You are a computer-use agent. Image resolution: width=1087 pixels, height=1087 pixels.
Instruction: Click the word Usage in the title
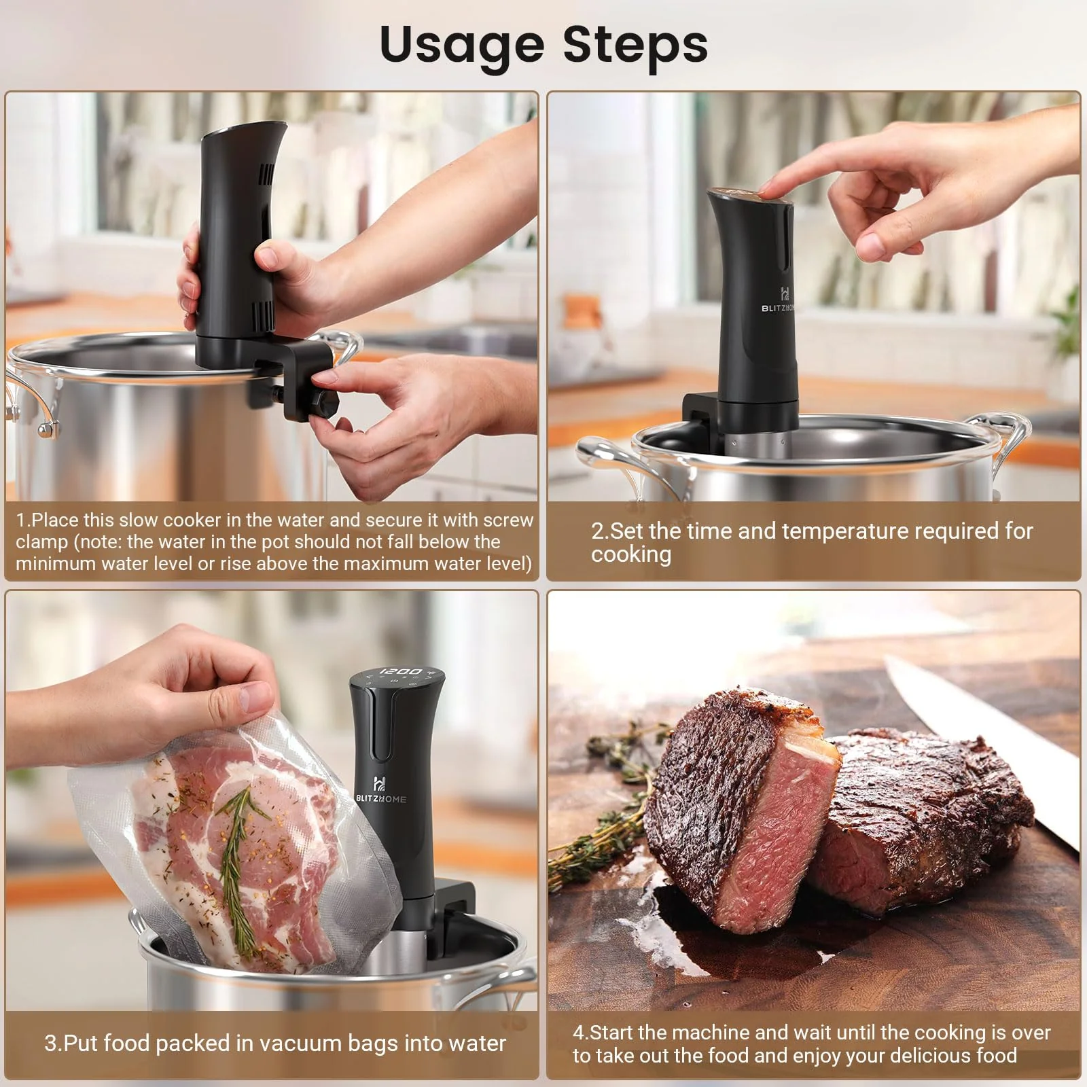point(461,46)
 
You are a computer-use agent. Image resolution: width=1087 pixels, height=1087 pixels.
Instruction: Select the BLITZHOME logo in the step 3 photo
point(380,791)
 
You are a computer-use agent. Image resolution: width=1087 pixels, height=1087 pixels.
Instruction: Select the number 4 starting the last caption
point(578,1033)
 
